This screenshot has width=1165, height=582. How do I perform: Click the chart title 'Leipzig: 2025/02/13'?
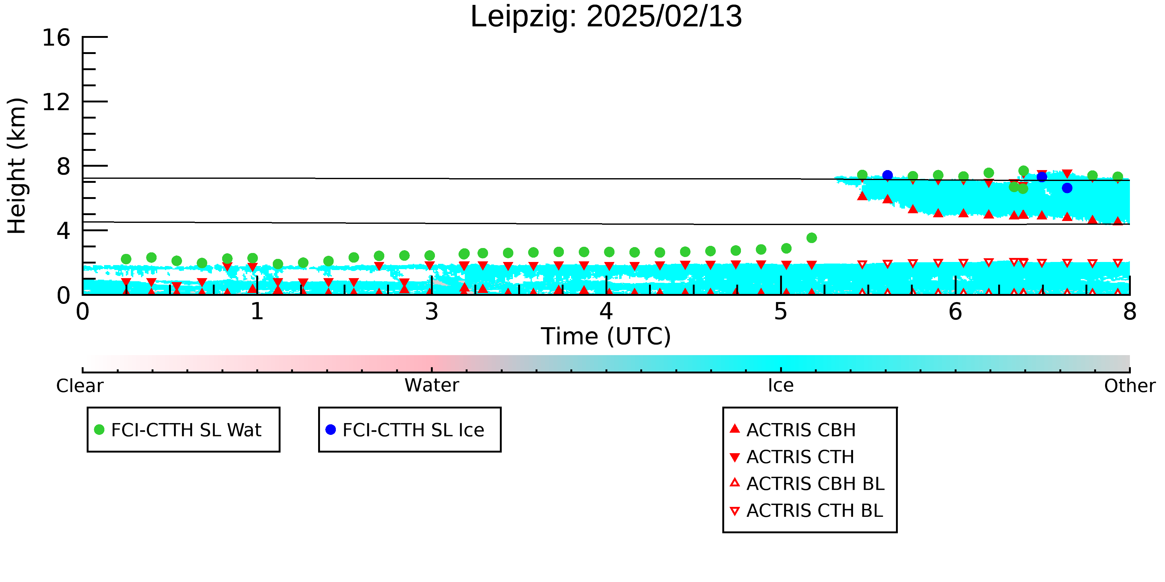(606, 17)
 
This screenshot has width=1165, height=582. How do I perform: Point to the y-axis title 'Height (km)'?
(17, 166)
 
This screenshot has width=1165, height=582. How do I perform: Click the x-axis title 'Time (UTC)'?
(606, 337)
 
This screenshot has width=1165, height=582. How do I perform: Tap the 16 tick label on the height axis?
(57, 38)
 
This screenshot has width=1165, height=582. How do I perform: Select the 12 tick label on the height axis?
(57, 102)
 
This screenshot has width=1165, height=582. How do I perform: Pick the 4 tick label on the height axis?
(64, 231)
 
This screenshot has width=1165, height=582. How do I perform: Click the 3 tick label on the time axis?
(432, 312)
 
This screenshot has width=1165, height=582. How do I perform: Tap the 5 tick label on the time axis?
(781, 312)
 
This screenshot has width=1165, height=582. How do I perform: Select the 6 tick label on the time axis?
(956, 312)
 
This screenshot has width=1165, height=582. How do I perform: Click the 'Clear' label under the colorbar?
(80, 386)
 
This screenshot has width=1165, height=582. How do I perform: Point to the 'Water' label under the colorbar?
(432, 386)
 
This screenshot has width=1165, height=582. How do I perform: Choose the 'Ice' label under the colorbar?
(781, 386)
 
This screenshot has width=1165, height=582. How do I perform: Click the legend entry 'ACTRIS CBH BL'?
(807, 484)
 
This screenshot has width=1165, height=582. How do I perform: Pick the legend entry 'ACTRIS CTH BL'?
(806, 511)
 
